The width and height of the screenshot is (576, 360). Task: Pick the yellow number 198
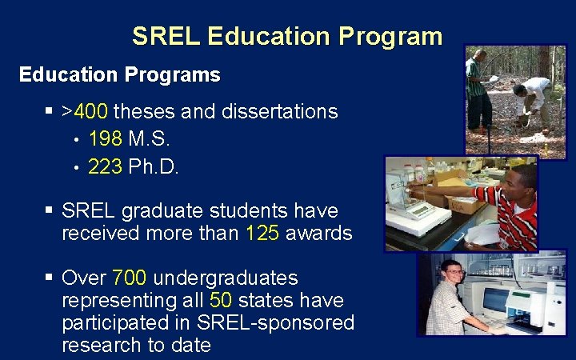pos(105,139)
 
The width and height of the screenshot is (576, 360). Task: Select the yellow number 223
pos(105,167)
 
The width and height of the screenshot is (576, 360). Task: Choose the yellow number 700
pos(130,278)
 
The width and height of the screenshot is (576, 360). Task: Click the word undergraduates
pos(225,278)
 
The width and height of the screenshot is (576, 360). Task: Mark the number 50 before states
pos(221,301)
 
